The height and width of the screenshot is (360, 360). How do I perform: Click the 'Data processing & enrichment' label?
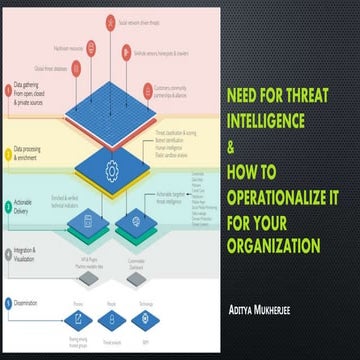click(x=33, y=156)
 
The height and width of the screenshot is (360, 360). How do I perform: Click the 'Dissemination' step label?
click(x=30, y=300)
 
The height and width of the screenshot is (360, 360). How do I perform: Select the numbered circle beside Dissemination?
click(x=8, y=300)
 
